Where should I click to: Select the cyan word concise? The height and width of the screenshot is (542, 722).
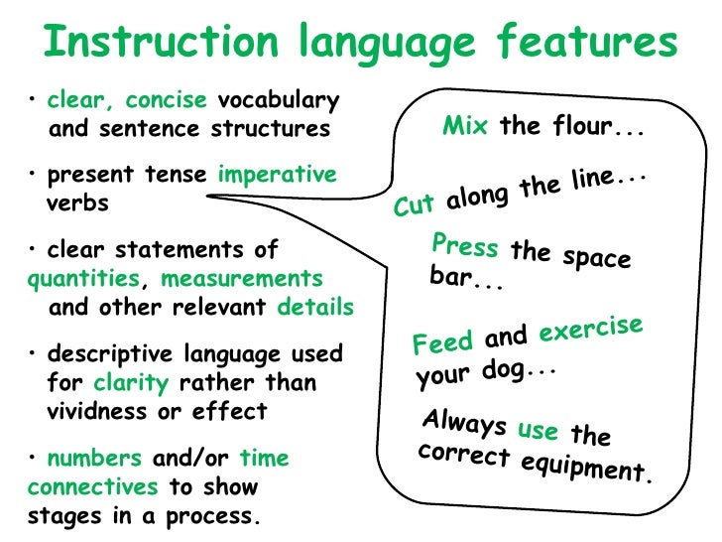[x=168, y=100]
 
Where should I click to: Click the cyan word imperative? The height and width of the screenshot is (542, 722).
[x=277, y=175]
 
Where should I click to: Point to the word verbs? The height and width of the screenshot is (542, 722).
[x=78, y=203]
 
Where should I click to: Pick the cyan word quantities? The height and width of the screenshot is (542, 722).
[x=83, y=279]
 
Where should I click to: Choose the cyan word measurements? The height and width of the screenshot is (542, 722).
[x=242, y=279]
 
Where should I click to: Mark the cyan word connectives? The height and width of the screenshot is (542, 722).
[x=92, y=487]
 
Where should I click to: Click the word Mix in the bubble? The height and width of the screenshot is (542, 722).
[x=465, y=127]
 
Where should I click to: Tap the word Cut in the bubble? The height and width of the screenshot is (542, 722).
[x=415, y=204]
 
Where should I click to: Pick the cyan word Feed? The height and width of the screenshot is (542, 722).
[x=442, y=343]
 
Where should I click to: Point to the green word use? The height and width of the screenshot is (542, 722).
[x=539, y=430]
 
